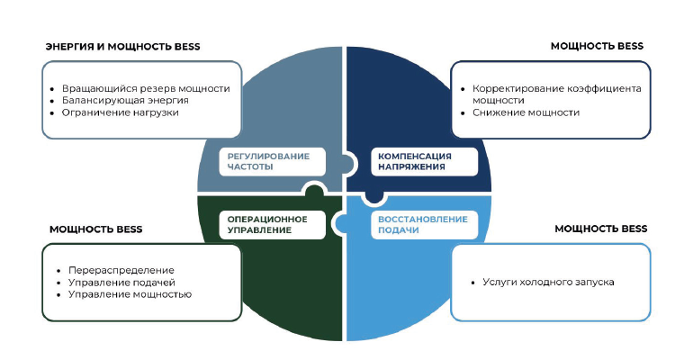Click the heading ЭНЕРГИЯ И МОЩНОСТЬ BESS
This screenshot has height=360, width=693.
pos(123,47)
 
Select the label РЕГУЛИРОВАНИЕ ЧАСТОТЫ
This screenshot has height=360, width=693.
pos(268,162)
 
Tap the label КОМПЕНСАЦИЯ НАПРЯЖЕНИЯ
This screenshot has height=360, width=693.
pos(415,162)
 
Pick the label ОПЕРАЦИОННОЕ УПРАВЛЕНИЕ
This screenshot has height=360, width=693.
pos(267,225)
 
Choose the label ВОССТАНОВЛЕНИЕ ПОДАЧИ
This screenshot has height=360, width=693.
pos(422,225)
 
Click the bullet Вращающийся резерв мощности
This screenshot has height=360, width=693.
pos(146,88)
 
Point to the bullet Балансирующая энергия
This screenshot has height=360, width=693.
pos(125,100)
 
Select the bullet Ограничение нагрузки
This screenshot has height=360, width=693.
pos(121,112)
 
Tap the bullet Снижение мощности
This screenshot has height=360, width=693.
pos(526,112)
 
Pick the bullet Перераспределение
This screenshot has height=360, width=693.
pos(121,270)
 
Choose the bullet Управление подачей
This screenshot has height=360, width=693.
pos(121,283)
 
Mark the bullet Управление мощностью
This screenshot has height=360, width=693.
pos(130,294)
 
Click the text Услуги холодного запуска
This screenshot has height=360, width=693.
pos(548,283)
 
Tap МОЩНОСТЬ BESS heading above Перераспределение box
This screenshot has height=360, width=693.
pos(96,229)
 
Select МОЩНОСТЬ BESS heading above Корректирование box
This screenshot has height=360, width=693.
pos(597,47)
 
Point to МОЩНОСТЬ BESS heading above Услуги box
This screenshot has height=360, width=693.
pos(601,229)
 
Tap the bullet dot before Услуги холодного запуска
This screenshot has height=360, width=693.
pos(472,283)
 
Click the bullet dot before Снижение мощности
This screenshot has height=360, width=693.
pos(463,113)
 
